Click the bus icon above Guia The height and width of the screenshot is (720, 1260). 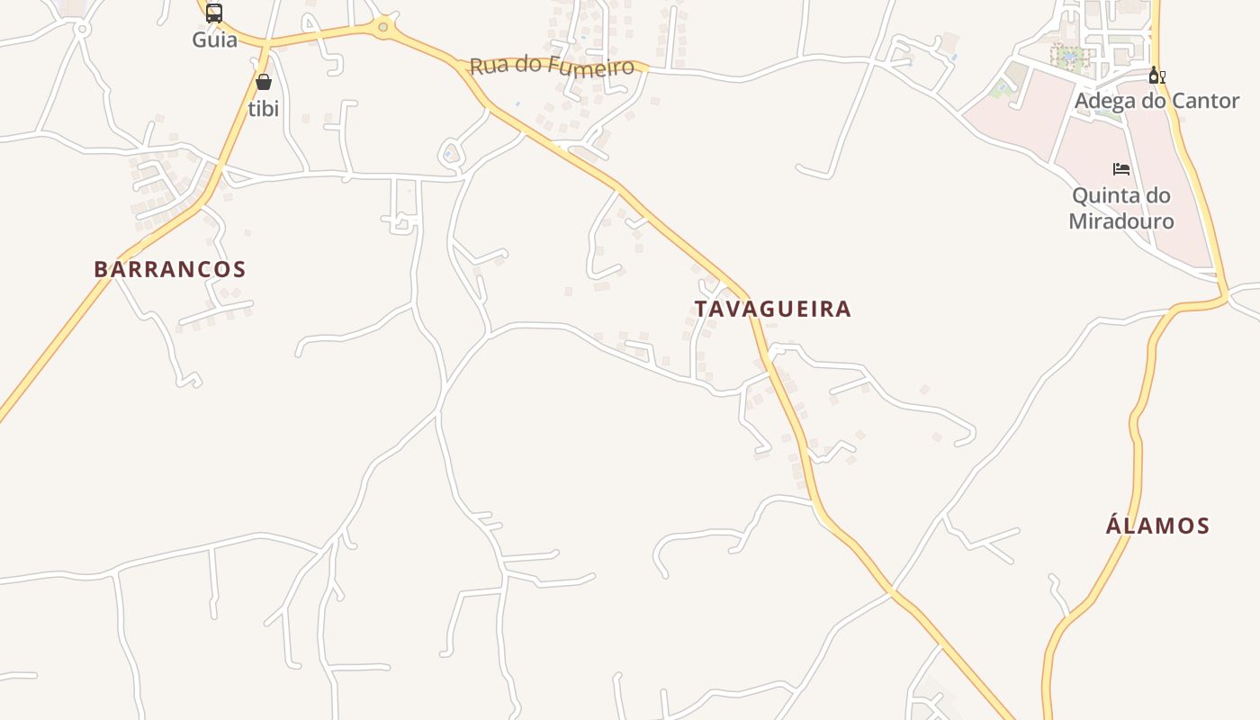(213, 13)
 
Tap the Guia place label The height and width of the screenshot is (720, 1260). (214, 40)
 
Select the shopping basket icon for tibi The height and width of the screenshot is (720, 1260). (264, 83)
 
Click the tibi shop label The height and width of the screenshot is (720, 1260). (264, 109)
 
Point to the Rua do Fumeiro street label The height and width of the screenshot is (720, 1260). (552, 67)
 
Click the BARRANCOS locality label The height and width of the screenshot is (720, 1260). (170, 269)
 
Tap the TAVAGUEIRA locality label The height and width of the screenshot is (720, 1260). (772, 309)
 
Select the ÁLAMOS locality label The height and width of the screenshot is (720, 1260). (1157, 526)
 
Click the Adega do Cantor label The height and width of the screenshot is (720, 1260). (1156, 101)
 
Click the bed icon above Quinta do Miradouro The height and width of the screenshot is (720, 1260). (1121, 169)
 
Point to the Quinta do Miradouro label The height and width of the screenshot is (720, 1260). (1121, 208)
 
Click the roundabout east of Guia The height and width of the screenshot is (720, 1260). (384, 27)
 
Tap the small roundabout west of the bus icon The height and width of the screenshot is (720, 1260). (82, 30)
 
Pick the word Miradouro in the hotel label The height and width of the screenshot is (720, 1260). (1121, 220)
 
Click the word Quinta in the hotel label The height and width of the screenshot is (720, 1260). (1120, 195)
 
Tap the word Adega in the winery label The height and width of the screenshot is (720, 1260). (1102, 101)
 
